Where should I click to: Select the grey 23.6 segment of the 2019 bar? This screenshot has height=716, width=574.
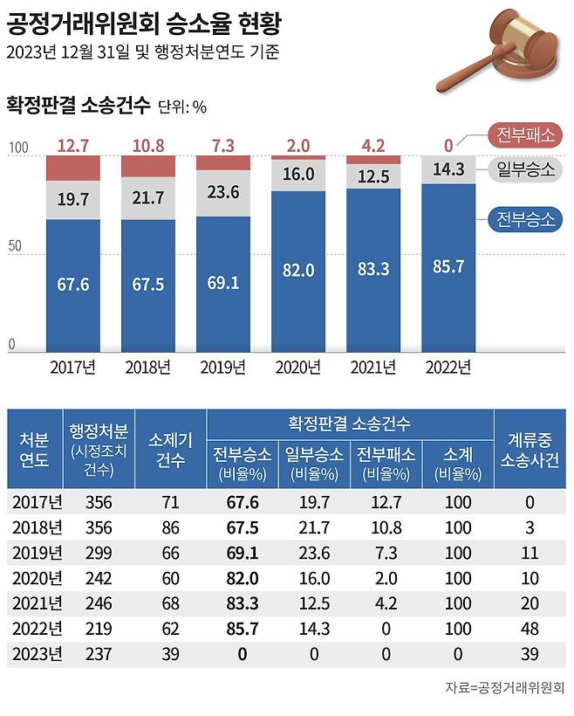[222, 193]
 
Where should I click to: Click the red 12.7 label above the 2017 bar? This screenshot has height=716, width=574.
[73, 144]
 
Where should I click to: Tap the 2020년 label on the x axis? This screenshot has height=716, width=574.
[297, 368]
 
